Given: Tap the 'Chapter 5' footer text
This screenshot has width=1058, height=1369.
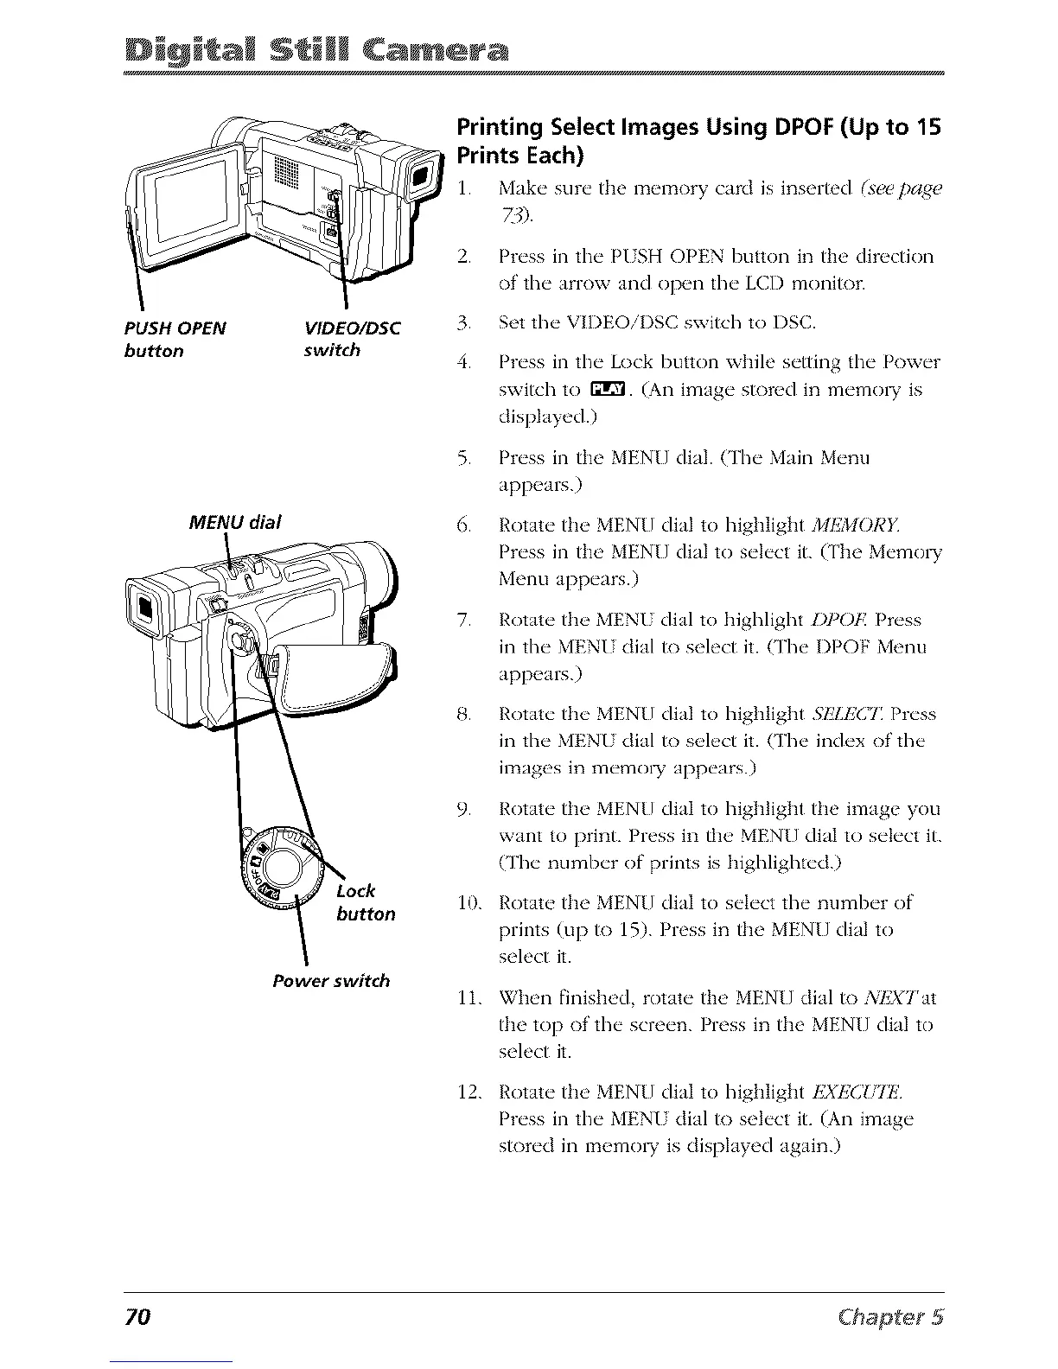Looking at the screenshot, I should click(894, 1317).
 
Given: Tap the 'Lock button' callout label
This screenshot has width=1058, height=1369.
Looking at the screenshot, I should click(366, 901).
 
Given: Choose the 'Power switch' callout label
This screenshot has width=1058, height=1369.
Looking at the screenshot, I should click(331, 981).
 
